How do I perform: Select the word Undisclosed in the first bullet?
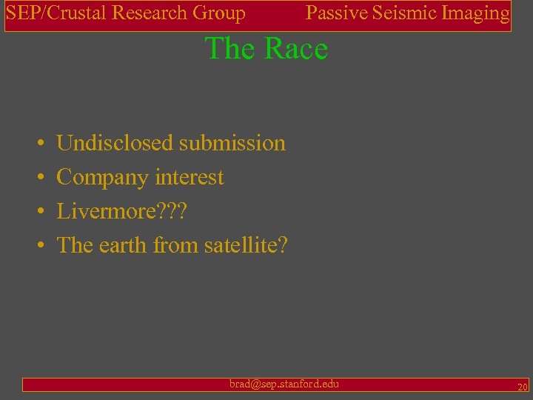(115, 143)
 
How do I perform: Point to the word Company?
(103, 178)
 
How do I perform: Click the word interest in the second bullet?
(190, 178)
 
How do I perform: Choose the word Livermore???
(122, 212)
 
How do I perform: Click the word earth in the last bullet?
(121, 244)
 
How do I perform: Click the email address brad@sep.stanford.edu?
(284, 384)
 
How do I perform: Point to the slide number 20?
(522, 386)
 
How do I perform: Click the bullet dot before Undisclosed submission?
(38, 144)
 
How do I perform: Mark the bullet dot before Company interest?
(38, 178)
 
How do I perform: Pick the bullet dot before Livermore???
(38, 212)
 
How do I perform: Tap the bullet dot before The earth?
(38, 245)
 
